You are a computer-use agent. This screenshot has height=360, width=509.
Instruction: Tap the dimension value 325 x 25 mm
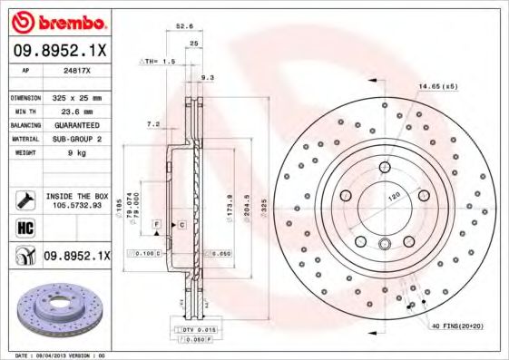(75, 97)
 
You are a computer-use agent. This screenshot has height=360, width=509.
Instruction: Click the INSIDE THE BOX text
(76, 196)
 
